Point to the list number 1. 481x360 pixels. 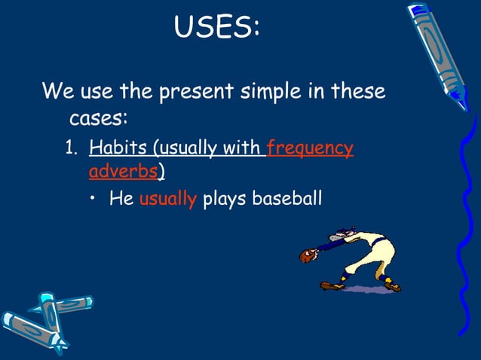click(71, 148)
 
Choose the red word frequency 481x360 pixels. click(310, 148)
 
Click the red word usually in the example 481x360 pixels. click(167, 200)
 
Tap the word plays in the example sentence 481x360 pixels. click(225, 200)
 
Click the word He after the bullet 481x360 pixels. click(121, 200)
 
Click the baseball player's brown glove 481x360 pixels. click(307, 256)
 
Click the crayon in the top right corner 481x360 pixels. click(439, 53)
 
